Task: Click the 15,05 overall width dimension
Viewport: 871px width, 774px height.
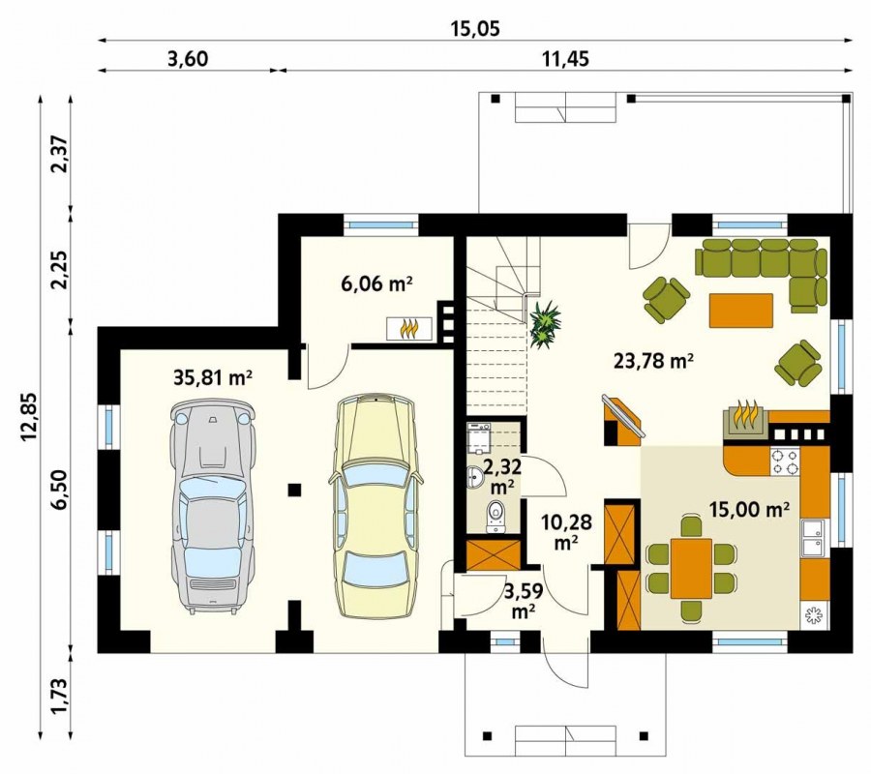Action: tap(474, 28)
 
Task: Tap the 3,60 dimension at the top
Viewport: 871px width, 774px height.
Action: tap(188, 58)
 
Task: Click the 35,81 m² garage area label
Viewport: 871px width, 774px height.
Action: tap(213, 377)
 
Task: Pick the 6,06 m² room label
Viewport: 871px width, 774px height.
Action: tap(377, 283)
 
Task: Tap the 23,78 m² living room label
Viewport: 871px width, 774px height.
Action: tap(654, 361)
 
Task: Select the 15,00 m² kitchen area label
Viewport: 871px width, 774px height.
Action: tap(750, 509)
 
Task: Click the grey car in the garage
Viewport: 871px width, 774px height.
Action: tap(212, 508)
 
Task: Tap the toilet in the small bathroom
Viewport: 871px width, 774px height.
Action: tap(495, 517)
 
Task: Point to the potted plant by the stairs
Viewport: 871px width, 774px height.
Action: tap(544, 325)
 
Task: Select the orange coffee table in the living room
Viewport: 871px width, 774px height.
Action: tap(741, 311)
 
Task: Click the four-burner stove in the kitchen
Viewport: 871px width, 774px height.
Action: tap(785, 461)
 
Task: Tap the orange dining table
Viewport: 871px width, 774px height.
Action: tap(691, 568)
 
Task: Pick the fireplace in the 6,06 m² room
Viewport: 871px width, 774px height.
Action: tap(409, 328)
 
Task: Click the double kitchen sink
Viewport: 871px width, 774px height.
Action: tap(814, 538)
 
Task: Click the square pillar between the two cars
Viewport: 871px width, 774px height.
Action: tap(294, 490)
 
